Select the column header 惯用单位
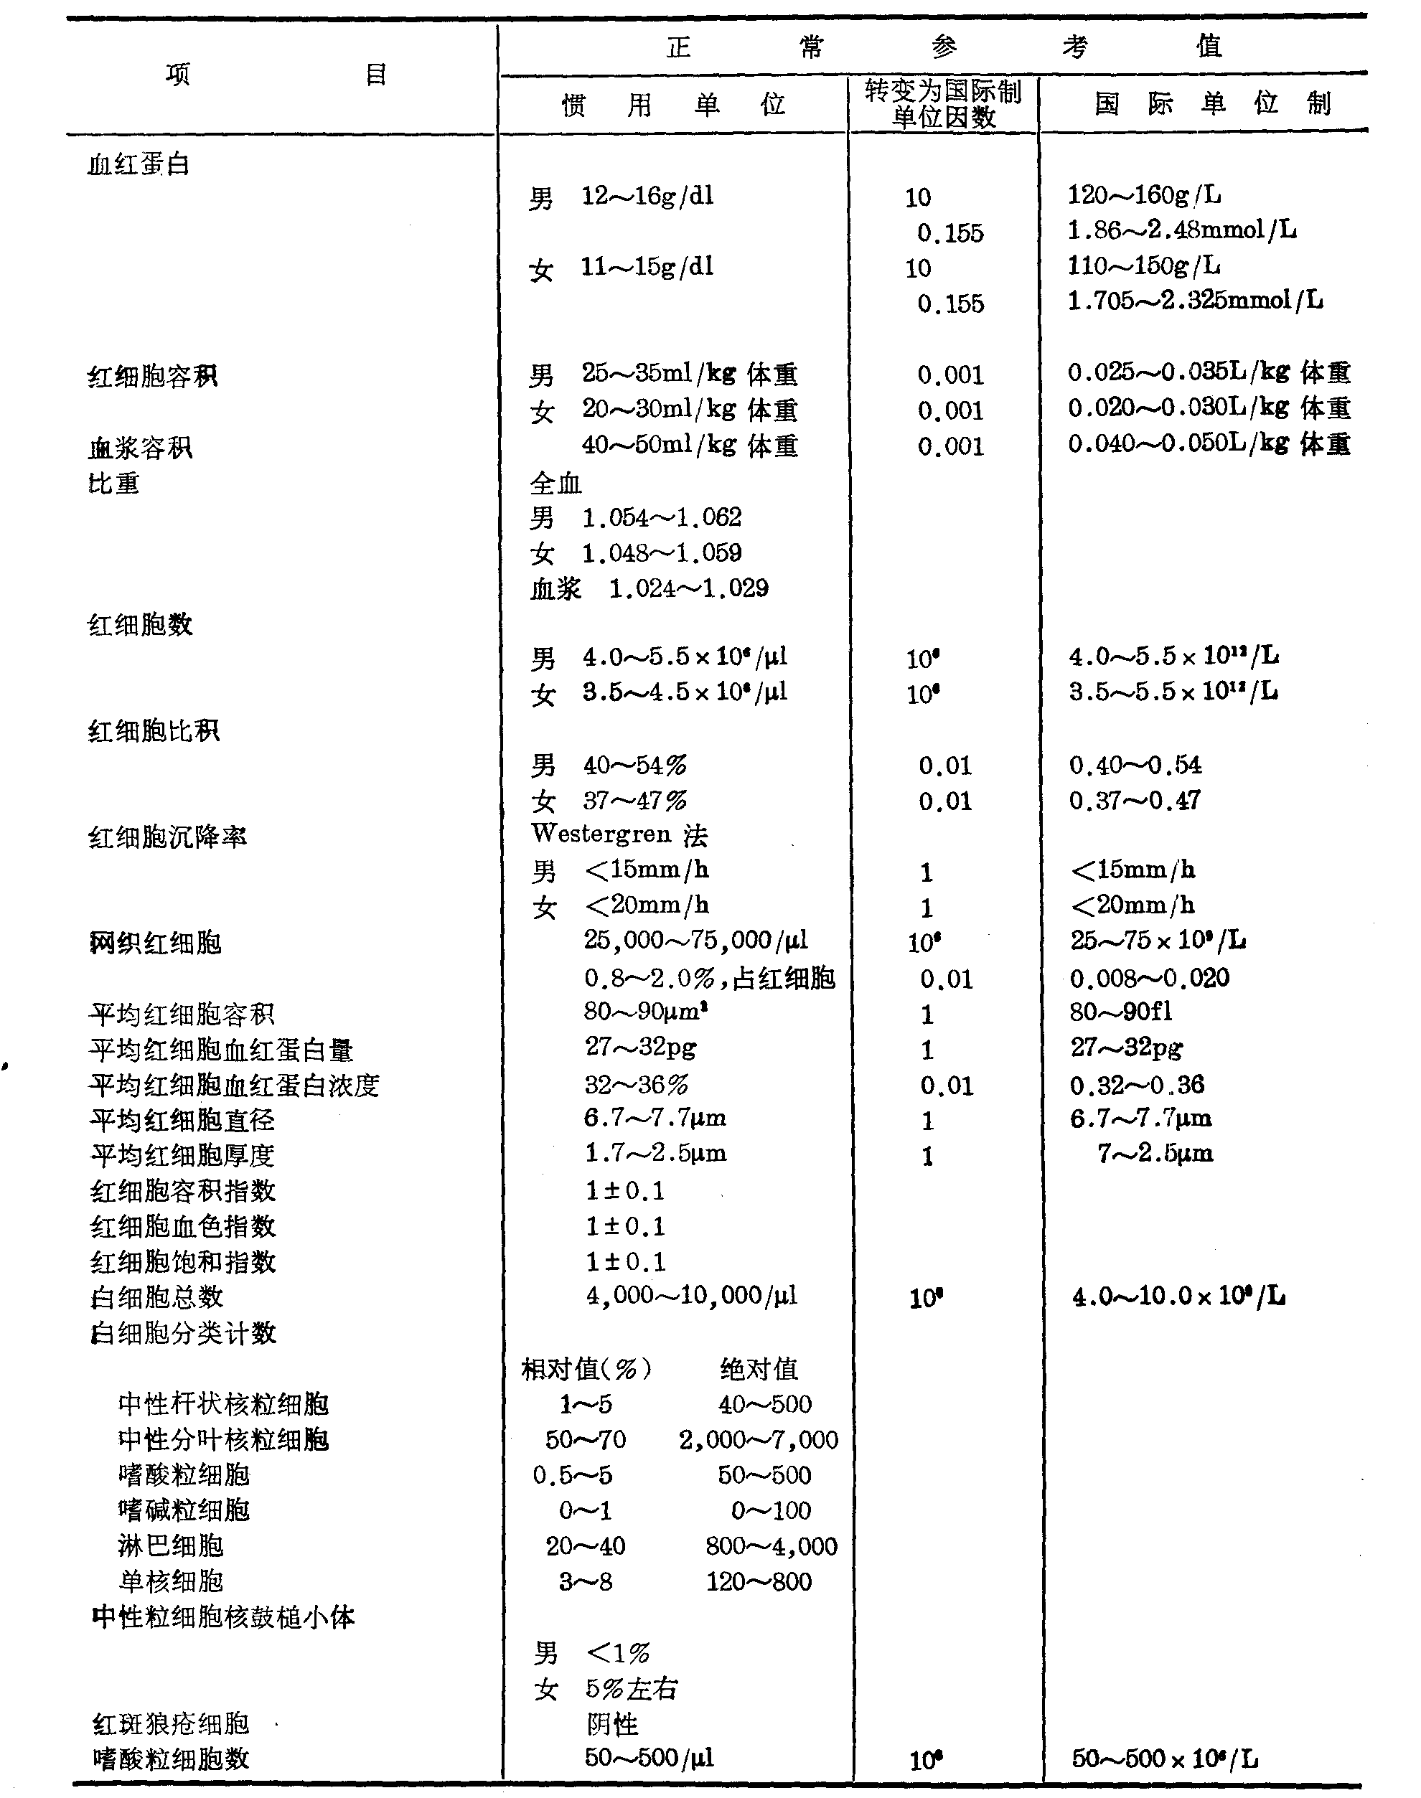[673, 105]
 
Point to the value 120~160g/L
[1144, 195]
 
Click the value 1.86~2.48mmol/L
[1181, 230]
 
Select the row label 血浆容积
[140, 448]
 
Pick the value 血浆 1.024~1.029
[649, 589]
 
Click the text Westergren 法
[619, 834]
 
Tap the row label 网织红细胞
[155, 942]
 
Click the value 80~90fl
[1121, 1012]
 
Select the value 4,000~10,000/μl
[690, 1296]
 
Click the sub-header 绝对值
[759, 1368]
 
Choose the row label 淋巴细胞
[171, 1545]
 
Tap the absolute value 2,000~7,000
[758, 1439]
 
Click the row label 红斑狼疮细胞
[171, 1723]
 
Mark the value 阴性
[611, 1724]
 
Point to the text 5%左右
[632, 1688]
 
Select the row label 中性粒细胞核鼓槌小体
[223, 1616]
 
